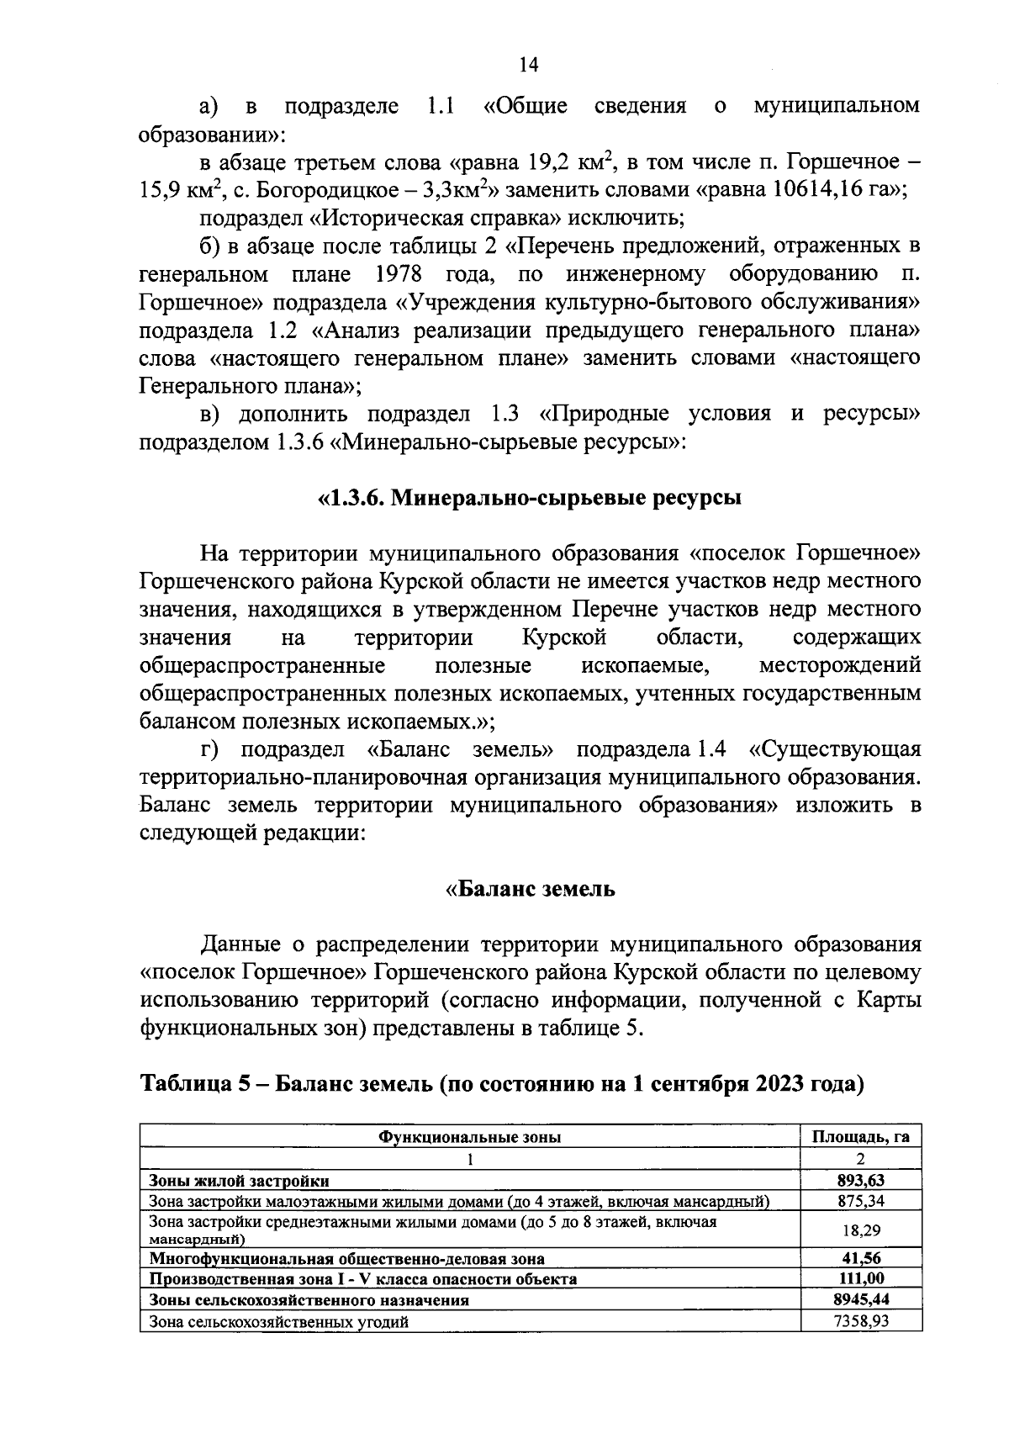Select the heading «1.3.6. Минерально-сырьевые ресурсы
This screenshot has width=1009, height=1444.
point(529,498)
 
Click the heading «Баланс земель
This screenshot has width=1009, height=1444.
point(530,889)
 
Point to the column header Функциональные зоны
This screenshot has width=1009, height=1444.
point(469,1138)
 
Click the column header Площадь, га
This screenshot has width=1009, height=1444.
point(860,1138)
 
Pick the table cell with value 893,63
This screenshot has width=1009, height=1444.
point(860,1180)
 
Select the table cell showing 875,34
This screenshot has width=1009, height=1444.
point(860,1200)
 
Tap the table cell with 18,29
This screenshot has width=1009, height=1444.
point(860,1230)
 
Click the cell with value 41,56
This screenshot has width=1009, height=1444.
point(860,1259)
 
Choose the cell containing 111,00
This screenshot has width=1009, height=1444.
point(860,1279)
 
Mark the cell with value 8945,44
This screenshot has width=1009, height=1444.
point(860,1299)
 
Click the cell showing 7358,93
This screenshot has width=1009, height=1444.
point(860,1320)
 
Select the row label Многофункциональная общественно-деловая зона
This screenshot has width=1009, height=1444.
point(346,1259)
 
